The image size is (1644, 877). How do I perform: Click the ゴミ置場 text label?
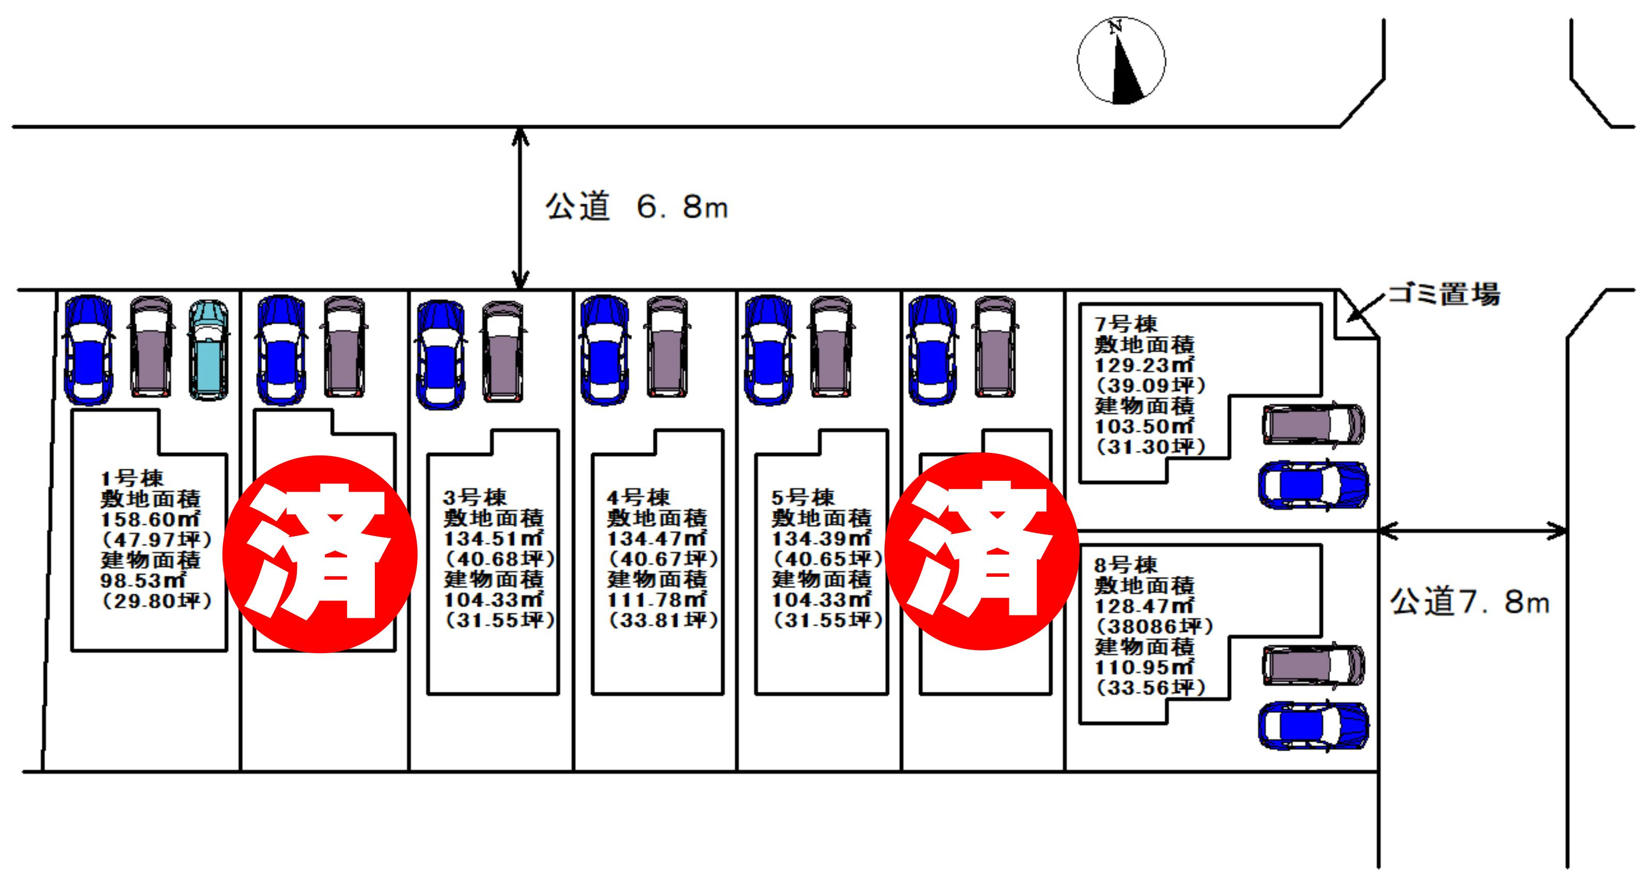click(1444, 294)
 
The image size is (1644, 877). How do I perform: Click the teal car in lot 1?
click(209, 350)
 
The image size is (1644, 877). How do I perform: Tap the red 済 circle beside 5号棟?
click(982, 551)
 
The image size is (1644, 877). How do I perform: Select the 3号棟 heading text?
click(475, 497)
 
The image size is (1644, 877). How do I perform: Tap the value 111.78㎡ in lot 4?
click(656, 599)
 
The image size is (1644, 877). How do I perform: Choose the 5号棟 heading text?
click(803, 497)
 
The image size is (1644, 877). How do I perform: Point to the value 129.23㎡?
click(1144, 365)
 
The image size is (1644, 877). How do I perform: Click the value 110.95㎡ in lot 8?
click(1144, 667)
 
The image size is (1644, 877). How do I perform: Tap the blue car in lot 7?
click(1314, 485)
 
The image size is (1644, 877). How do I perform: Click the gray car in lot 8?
click(1314, 665)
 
